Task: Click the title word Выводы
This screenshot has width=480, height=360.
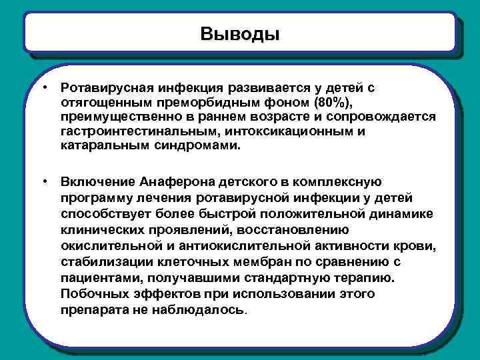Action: tap(240, 33)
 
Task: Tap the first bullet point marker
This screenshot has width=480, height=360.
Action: tap(43, 87)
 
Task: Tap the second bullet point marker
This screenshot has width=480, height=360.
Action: tap(43, 181)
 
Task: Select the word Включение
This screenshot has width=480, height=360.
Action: tap(98, 181)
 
